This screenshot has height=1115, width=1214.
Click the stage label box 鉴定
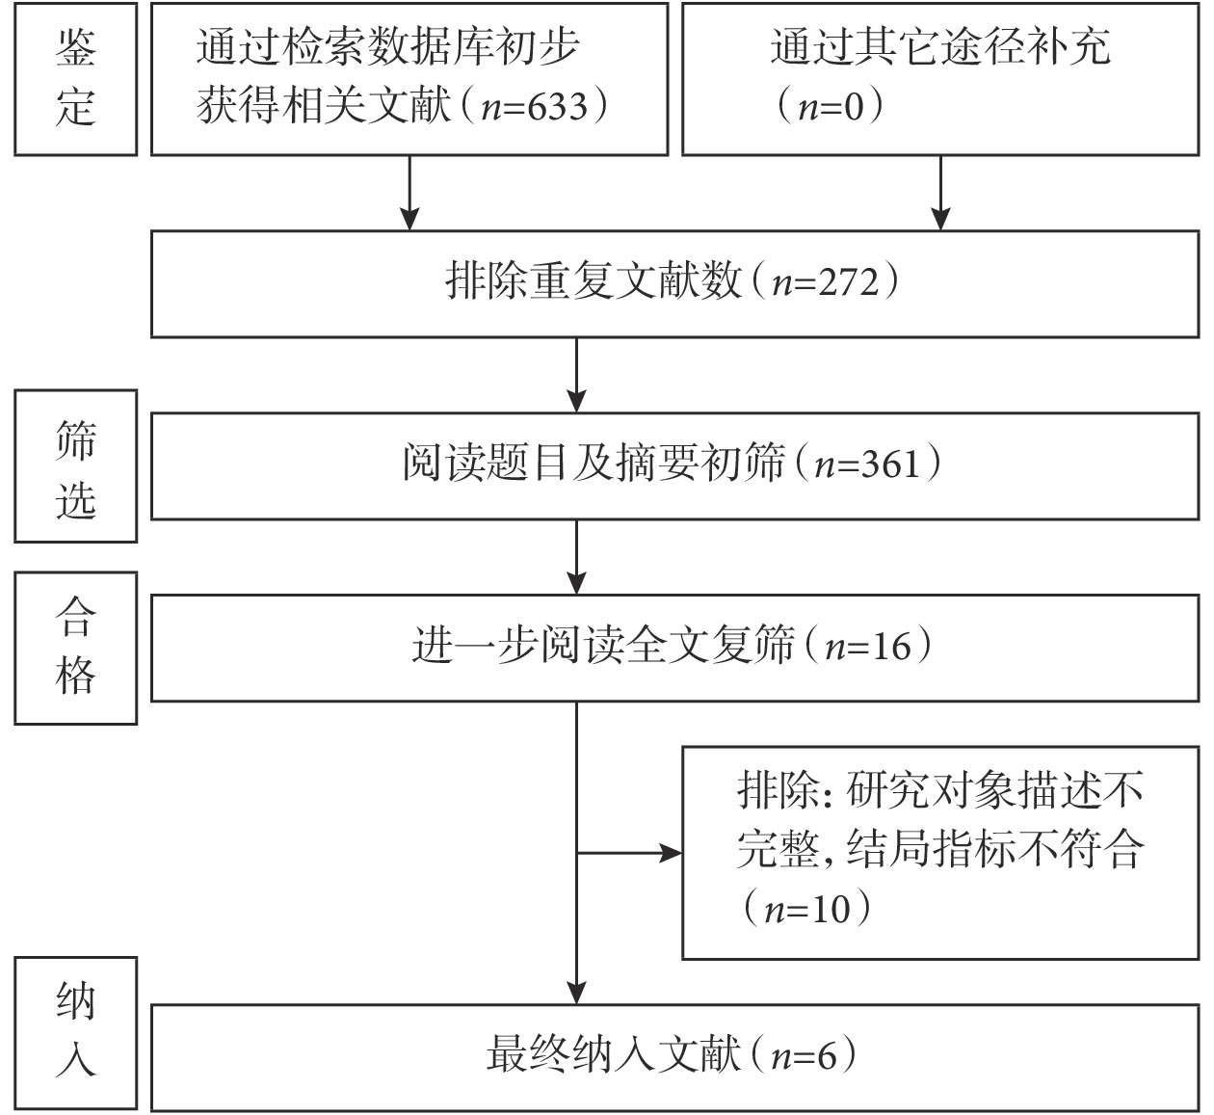(x=76, y=79)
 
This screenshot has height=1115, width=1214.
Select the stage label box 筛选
(x=76, y=466)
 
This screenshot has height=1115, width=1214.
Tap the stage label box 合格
(x=76, y=649)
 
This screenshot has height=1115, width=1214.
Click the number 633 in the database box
(x=558, y=107)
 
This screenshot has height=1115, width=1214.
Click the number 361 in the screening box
(x=890, y=465)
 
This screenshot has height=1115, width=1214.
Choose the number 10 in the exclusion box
(x=831, y=909)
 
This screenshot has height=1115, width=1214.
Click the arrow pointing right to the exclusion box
(x=629, y=854)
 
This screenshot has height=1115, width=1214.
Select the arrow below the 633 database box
(x=409, y=193)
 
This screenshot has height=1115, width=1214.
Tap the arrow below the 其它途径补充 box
(x=940, y=193)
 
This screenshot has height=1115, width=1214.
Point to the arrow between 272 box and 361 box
(x=577, y=375)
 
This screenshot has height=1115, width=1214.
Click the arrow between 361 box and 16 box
(x=577, y=557)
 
